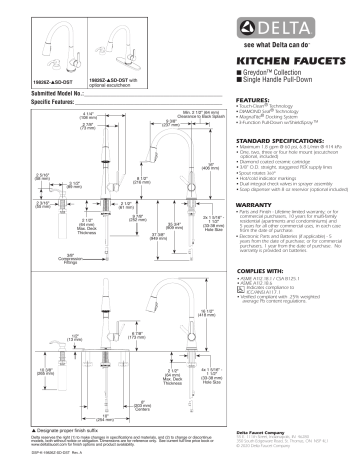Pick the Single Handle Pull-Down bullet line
point(280,82)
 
